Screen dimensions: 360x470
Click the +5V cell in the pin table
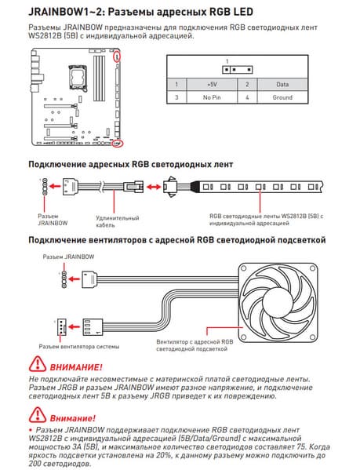[212, 85]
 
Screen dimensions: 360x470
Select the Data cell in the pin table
[282, 85]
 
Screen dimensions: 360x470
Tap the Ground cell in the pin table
[282, 97]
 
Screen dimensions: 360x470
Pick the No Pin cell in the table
[212, 97]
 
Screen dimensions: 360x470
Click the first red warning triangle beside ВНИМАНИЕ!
[38, 364]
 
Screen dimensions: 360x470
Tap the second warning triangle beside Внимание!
[38, 415]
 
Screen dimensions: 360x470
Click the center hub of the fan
[278, 302]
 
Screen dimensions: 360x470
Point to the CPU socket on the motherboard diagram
[77, 78]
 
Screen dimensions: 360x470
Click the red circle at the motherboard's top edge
[117, 56]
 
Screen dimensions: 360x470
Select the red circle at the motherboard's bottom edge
[117, 144]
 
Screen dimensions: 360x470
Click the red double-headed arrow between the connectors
[154, 187]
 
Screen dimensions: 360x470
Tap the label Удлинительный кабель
[118, 221]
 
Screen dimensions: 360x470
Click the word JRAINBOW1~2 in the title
[66, 12]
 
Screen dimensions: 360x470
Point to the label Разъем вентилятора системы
[79, 347]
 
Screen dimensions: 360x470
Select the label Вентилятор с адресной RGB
[195, 341]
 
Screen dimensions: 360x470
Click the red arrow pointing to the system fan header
[75, 326]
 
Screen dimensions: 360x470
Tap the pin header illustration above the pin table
[237, 70]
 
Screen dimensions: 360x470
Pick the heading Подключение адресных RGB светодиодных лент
[130, 164]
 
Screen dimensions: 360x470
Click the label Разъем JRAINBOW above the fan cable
[68, 257]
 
